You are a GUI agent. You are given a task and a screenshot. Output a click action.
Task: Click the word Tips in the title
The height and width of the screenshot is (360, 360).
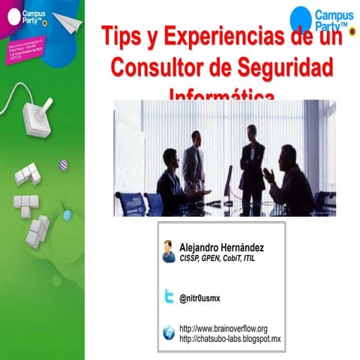[123, 36]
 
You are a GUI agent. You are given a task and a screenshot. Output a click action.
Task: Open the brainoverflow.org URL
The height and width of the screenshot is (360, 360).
[223, 328]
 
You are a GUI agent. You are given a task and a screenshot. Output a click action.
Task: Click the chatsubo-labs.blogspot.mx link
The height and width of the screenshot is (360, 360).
[229, 339]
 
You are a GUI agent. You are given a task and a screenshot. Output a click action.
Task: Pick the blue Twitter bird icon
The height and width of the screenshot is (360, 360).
[169, 298]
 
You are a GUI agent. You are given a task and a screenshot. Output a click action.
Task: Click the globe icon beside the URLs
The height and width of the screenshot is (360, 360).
[169, 333]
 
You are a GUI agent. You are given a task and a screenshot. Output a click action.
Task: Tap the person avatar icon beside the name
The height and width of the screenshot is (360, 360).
[169, 251]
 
